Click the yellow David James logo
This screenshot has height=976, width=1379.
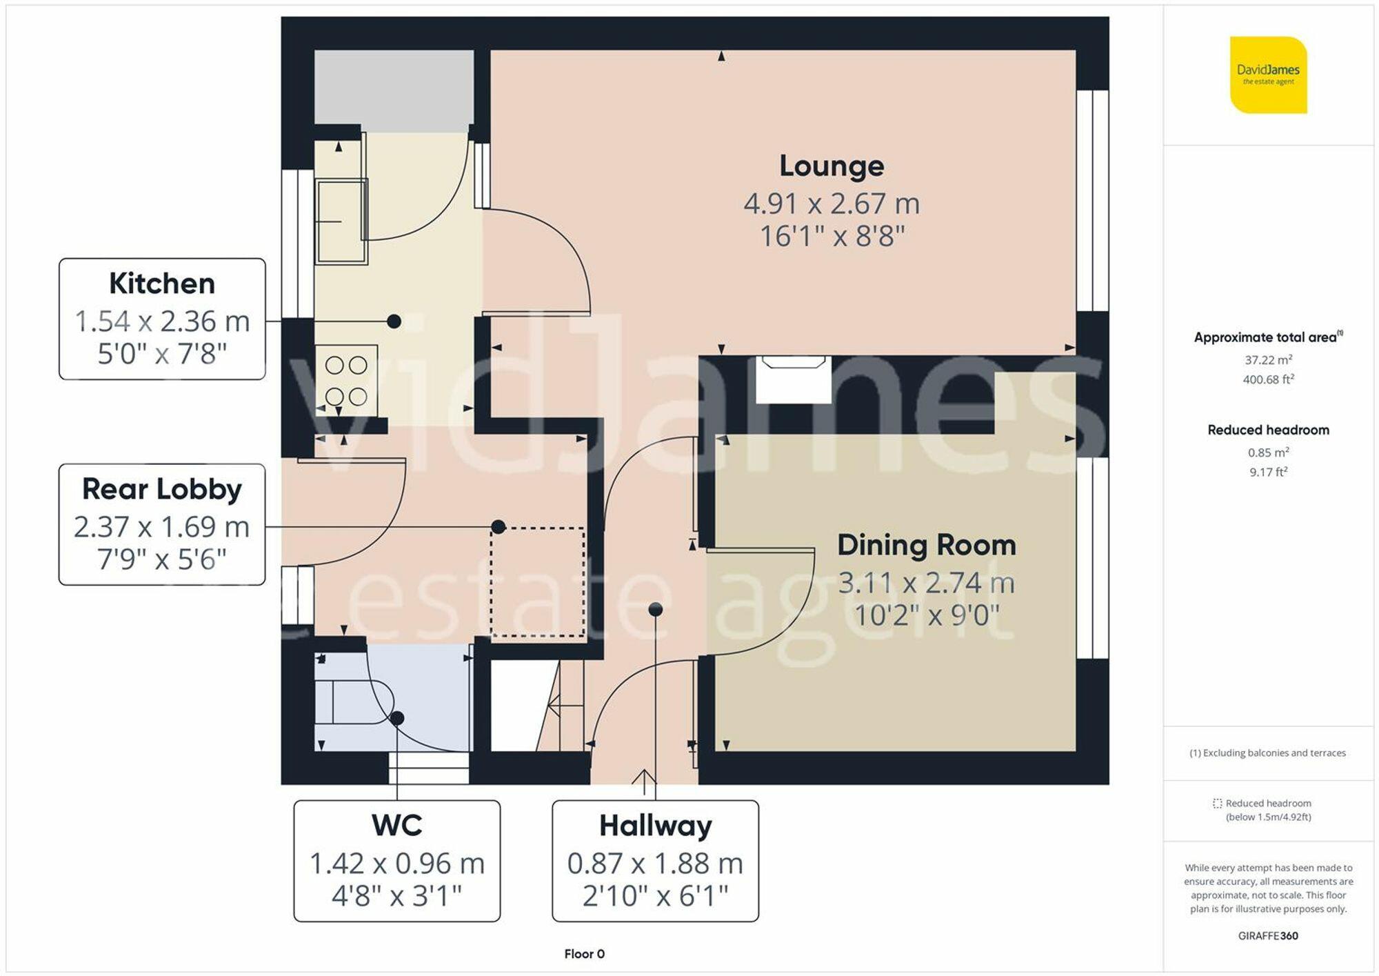coord(1268,75)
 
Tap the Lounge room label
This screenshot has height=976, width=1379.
coord(832,166)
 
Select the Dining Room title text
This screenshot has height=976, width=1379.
coord(926,546)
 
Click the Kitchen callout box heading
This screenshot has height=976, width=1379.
coord(162,283)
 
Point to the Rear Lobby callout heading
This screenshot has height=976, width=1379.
coord(162,489)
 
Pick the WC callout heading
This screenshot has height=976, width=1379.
coord(396,825)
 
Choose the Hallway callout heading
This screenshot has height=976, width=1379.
coord(655,825)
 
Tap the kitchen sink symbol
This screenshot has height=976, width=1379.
coord(341,221)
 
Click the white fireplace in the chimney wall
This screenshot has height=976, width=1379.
coord(793,379)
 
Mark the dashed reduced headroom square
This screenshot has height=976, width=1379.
coord(537,582)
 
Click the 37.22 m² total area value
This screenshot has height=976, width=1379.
coord(1268,360)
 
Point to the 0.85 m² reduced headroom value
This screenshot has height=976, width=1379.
coord(1268,452)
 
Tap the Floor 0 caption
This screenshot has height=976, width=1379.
coord(584,954)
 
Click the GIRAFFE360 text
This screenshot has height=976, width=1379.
coord(1268,936)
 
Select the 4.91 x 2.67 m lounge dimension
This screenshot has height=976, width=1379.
coord(832,203)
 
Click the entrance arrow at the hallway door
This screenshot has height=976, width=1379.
coord(644,782)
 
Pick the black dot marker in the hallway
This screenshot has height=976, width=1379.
coord(656,609)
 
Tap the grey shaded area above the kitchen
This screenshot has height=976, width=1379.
coord(394,90)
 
